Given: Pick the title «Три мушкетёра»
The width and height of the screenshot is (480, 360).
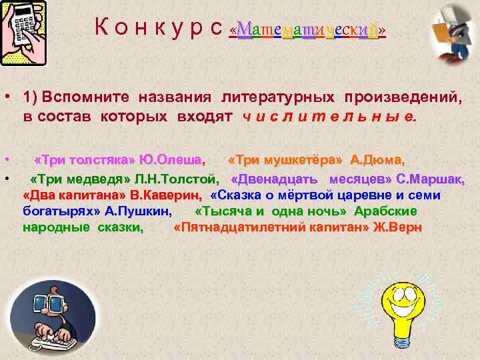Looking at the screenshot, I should [286, 161].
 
